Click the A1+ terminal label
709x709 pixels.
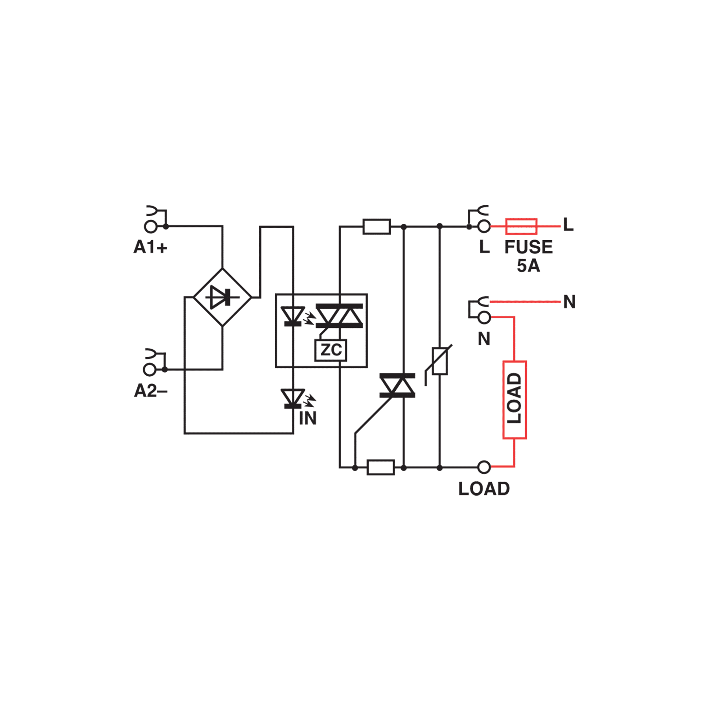pyautogui.click(x=151, y=247)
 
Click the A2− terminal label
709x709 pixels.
pyautogui.click(x=151, y=391)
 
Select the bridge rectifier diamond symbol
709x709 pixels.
pyautogui.click(x=222, y=297)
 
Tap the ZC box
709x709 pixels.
pyautogui.click(x=331, y=351)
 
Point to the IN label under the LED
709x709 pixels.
pyautogui.click(x=308, y=418)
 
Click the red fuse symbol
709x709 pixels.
pyautogui.click(x=522, y=227)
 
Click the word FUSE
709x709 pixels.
pyautogui.click(x=529, y=247)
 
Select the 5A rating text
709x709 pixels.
pyautogui.click(x=528, y=266)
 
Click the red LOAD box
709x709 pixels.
pyautogui.click(x=514, y=400)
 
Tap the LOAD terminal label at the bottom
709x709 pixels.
pyautogui.click(x=484, y=489)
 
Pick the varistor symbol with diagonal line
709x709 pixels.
pyautogui.click(x=439, y=361)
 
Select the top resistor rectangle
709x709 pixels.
pyautogui.click(x=377, y=227)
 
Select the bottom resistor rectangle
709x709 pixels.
pyautogui.click(x=381, y=467)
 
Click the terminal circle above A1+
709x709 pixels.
pyautogui.click(x=151, y=227)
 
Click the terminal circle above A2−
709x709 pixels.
pyautogui.click(x=150, y=369)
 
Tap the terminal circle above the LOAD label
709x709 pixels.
pyautogui.click(x=484, y=467)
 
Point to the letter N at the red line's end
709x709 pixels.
pyautogui.click(x=569, y=302)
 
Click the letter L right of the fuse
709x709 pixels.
pyautogui.click(x=569, y=225)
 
